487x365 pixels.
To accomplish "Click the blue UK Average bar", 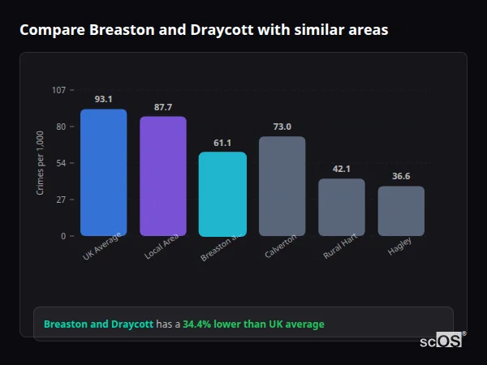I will [x=103, y=173].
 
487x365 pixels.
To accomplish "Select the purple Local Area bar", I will [x=163, y=176].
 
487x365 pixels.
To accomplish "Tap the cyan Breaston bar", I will [x=222, y=194].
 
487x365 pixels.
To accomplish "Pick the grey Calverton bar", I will [x=282, y=186].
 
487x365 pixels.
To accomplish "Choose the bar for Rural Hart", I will [x=341, y=207].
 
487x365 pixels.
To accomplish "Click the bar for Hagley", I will [x=401, y=211].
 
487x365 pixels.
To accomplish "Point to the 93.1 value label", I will [x=103, y=99].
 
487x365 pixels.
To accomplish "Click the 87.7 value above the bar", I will [x=163, y=107].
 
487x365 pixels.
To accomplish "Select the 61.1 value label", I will [x=222, y=143].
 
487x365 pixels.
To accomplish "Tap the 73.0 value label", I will [x=282, y=127].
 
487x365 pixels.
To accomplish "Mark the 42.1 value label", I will [x=341, y=169].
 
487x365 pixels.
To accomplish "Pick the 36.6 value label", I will [x=401, y=176].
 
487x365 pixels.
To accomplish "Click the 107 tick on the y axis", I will [x=58, y=90].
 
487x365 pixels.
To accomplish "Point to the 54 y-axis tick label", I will [x=61, y=163].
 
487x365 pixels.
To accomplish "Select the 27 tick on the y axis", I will [x=61, y=200].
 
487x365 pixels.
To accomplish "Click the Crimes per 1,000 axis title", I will [x=41, y=163].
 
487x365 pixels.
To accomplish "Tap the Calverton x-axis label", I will [x=281, y=247].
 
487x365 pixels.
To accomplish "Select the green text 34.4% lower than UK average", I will [x=253, y=324].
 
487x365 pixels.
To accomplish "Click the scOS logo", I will [x=442, y=341].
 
